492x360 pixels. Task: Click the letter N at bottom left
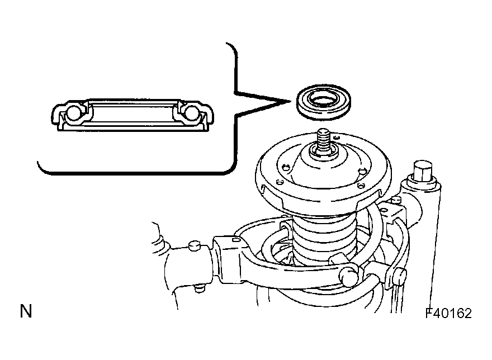click(26, 311)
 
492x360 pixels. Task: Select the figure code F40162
click(448, 313)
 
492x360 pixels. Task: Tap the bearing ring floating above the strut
click(324, 102)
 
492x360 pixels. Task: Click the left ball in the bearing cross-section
click(73, 113)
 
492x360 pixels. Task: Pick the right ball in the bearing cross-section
click(191, 113)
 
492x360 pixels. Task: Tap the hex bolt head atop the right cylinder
click(423, 172)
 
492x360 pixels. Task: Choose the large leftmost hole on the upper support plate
click(285, 167)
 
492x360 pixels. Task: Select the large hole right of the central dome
click(362, 172)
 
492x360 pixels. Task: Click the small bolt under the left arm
click(199, 288)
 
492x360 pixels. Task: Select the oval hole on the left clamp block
click(236, 240)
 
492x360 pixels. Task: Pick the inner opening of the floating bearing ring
click(323, 100)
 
